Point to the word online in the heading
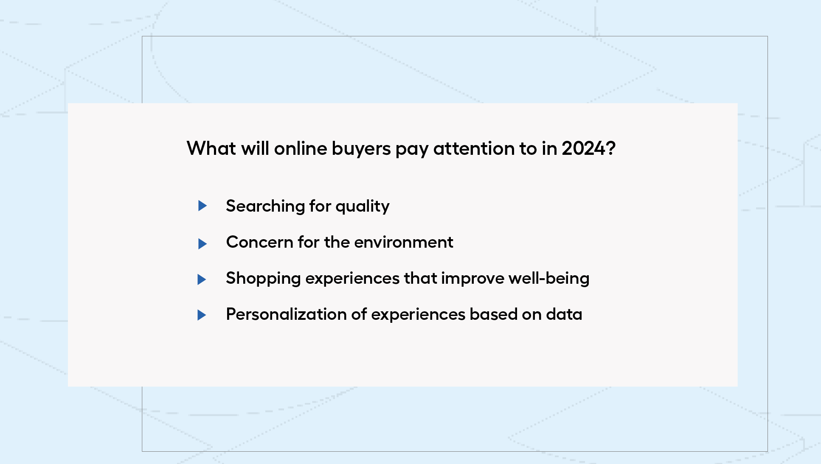pos(301,148)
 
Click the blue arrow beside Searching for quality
pos(202,206)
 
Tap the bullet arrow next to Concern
pos(202,243)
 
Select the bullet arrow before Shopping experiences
pos(202,280)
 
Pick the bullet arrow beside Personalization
pos(202,315)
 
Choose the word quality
pos(363,207)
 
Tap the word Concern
pos(260,242)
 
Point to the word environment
pos(404,242)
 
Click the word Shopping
pos(263,279)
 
